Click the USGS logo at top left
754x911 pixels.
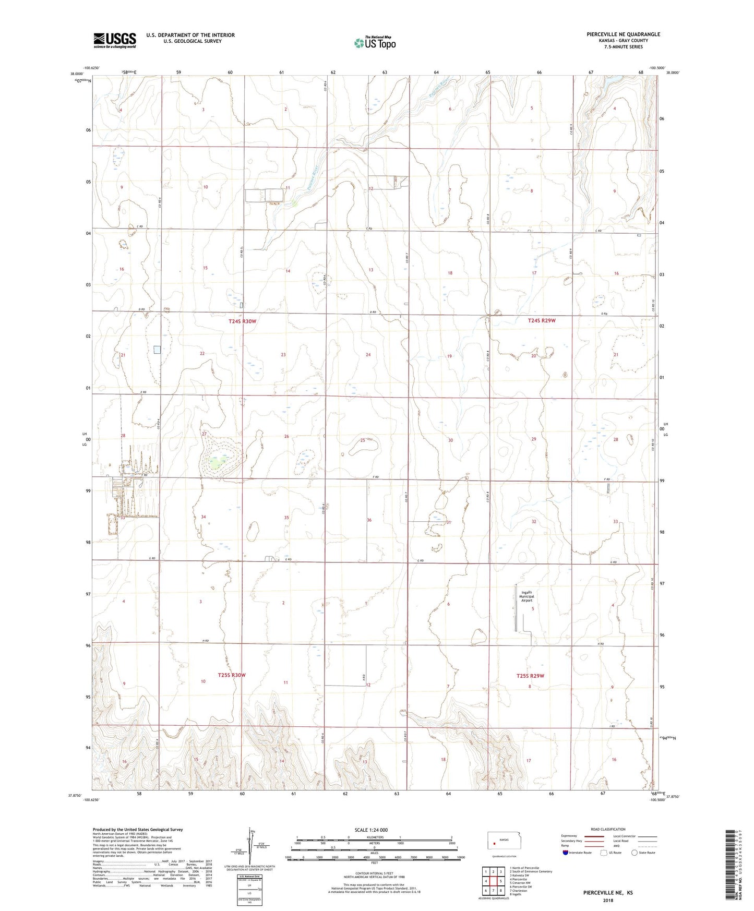coord(115,40)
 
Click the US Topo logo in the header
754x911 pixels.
coord(375,43)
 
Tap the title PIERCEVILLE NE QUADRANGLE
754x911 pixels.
coord(616,34)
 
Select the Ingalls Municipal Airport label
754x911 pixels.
coord(528,596)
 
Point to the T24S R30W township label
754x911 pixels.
coord(242,321)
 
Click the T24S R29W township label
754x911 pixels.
coord(541,321)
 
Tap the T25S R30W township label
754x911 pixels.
coord(231,675)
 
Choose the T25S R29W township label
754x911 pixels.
coord(530,676)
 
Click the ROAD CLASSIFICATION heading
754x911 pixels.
coord(608,829)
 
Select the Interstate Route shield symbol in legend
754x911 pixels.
coord(566,853)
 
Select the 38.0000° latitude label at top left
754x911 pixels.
coord(77,74)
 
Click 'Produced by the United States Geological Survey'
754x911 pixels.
coord(138,829)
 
